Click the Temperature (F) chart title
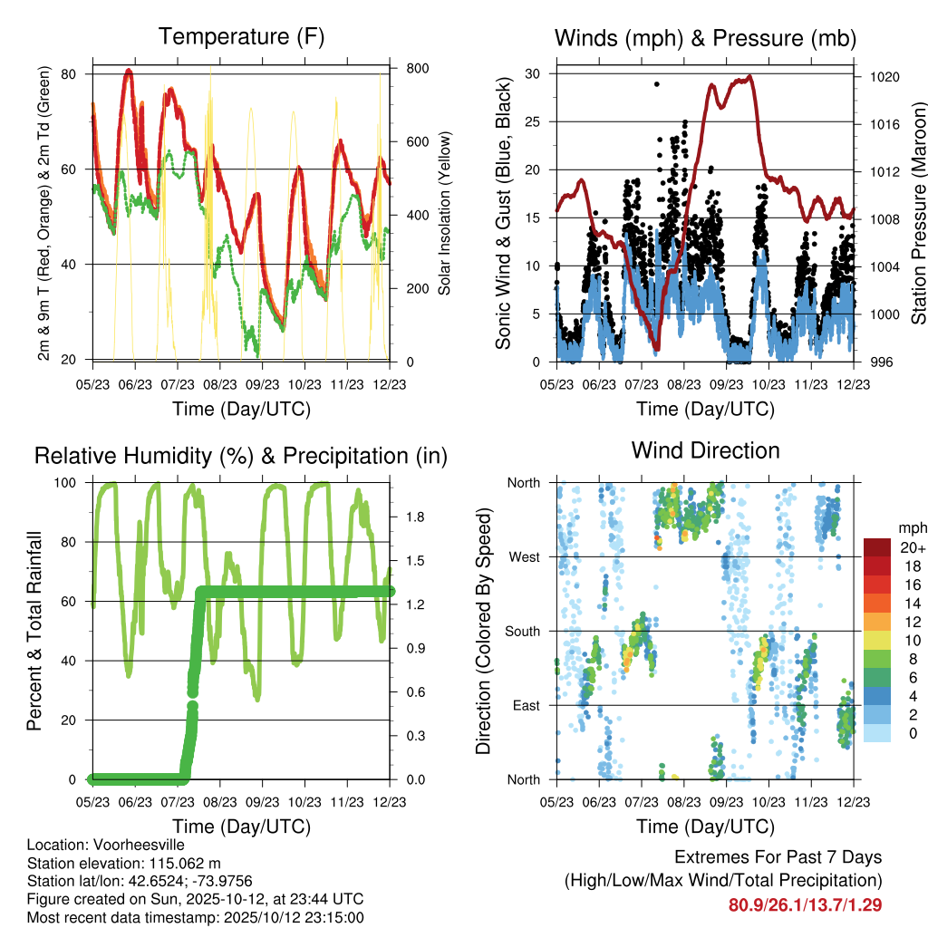point(241,37)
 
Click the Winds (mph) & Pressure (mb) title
point(705,38)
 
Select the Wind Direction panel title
point(705,450)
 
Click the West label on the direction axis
point(524,556)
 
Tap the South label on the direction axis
point(522,631)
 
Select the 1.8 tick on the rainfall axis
point(415,517)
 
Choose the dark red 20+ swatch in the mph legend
point(877,548)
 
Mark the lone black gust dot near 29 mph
point(656,84)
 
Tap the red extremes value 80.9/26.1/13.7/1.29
point(805,904)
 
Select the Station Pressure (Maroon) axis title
point(918,216)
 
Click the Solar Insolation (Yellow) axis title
point(444,214)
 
